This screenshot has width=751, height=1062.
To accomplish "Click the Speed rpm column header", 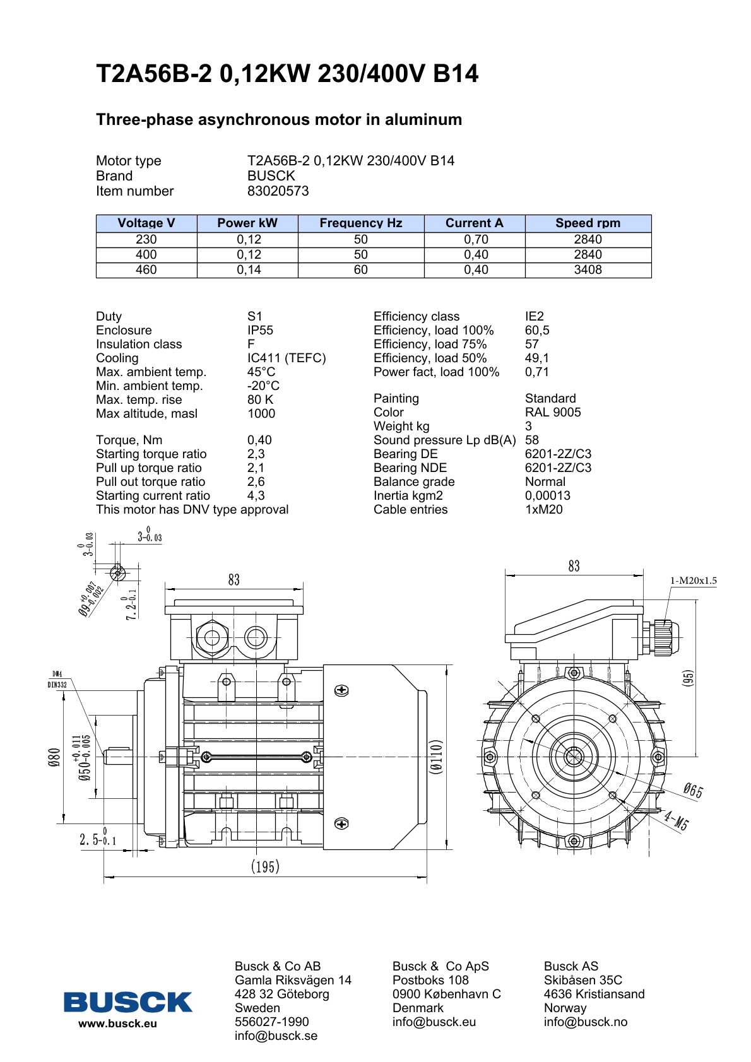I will (x=588, y=223).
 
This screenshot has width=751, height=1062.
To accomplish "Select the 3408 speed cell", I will (x=588, y=270).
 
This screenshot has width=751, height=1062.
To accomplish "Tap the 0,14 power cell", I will (x=249, y=270).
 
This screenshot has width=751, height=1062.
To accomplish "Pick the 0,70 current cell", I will (x=476, y=240).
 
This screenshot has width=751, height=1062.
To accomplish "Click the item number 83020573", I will (x=278, y=191).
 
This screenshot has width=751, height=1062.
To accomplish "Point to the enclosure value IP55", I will (x=260, y=331).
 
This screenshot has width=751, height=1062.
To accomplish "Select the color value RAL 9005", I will (x=553, y=413).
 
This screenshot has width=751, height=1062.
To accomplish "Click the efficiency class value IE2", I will (x=534, y=317).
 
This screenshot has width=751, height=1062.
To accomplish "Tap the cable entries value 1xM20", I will (x=543, y=510).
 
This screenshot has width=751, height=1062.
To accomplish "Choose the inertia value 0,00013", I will (x=548, y=496).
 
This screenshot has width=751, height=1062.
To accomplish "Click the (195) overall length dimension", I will (x=265, y=866).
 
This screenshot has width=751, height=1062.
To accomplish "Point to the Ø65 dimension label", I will (x=693, y=790).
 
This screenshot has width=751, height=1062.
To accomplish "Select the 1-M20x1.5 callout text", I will (x=693, y=581).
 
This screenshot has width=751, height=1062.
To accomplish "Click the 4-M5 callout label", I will (x=676, y=820).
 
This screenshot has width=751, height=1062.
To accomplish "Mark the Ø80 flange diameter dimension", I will (x=55, y=757).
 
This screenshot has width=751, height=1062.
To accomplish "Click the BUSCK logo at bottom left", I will (x=127, y=1002).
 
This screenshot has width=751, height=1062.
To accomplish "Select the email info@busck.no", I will (x=585, y=1022).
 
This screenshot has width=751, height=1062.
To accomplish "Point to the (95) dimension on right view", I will (x=689, y=678).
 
